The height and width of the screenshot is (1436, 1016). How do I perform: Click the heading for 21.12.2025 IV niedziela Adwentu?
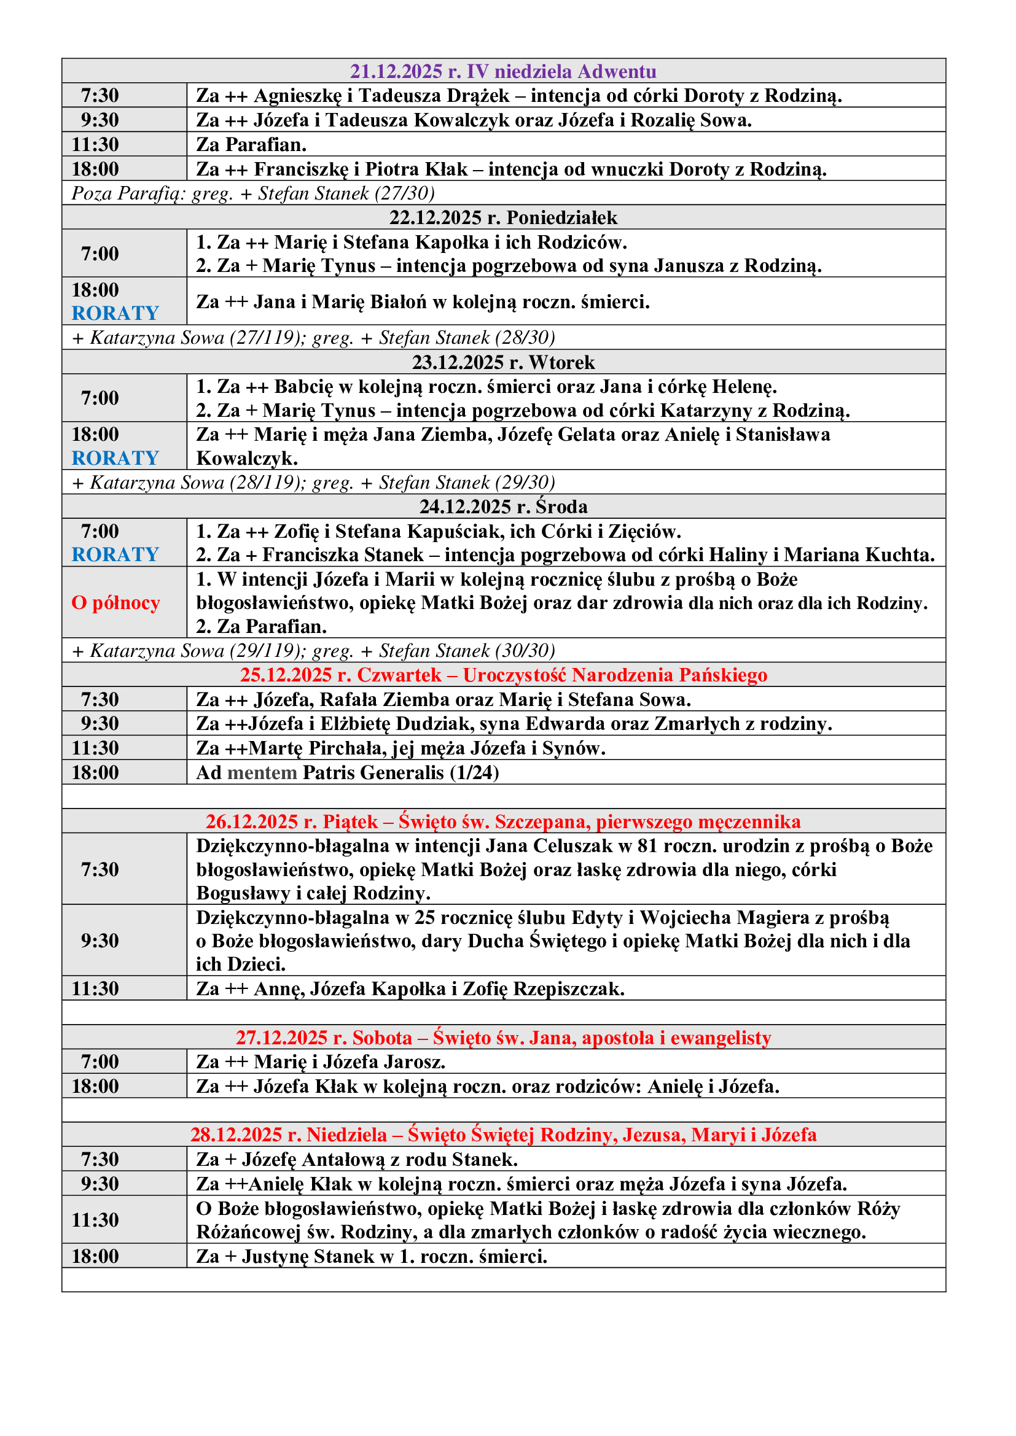[503, 71]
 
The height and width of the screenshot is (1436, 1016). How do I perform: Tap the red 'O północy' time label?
[115, 602]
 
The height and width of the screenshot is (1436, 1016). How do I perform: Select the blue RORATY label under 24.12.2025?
[115, 555]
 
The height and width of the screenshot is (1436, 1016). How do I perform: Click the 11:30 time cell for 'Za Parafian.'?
[95, 144]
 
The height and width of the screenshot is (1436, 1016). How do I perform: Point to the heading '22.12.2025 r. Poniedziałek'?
[503, 218]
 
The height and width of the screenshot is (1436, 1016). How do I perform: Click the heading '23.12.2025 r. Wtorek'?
[503, 362]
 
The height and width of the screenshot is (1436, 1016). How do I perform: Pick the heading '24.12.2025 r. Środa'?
[503, 506]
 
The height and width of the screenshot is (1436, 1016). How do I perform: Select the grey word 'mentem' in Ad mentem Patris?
[262, 772]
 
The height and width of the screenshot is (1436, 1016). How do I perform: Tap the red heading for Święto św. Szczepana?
[503, 821]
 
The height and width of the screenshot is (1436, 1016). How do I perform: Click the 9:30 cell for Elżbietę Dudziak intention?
[100, 724]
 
